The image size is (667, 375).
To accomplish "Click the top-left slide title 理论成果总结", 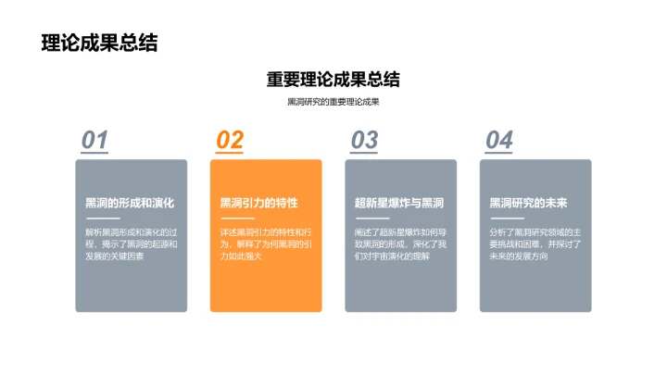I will point(99,43).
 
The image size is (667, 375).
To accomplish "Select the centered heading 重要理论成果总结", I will point(333,80).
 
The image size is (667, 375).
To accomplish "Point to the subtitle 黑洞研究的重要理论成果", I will point(333,103).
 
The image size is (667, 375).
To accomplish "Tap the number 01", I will point(94,140).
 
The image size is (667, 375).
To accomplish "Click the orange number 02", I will point(230,140).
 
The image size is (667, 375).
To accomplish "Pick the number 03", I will point(364,140).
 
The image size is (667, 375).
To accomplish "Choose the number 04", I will point(499,140).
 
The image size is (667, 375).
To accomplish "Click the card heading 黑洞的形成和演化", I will point(130,203).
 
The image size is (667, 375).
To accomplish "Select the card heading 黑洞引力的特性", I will point(258,203).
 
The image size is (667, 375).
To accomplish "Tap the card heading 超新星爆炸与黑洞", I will point(399,203).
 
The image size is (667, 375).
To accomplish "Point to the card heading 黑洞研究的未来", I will point(528,203).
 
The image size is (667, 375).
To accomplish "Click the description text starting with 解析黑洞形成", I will point(131,244).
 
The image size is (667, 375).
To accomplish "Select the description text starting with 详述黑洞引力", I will point(266,244).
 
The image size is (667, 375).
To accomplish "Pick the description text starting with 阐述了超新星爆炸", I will point(400,244).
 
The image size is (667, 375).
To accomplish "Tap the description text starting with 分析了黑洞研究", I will point(535,244).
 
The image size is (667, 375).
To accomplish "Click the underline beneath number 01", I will point(94,152).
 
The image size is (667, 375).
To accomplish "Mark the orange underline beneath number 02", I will point(230,152).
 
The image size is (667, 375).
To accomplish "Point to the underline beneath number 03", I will point(364,152).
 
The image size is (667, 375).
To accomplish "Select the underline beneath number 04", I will point(499,152).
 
